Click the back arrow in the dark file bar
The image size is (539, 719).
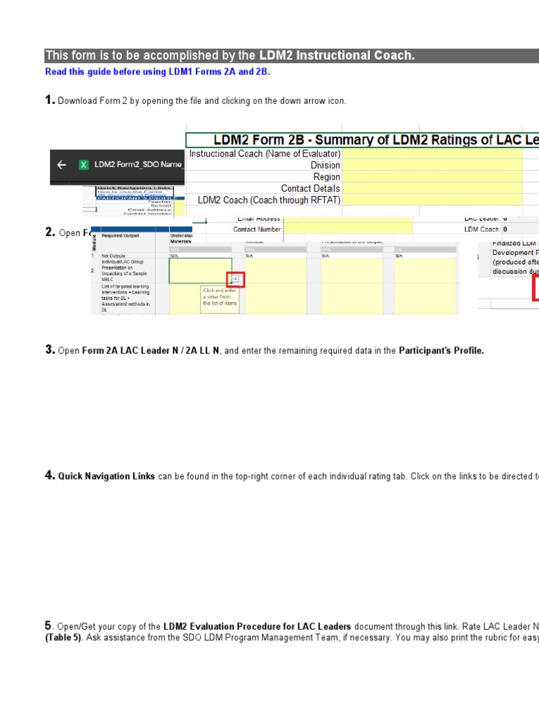pyautogui.click(x=62, y=165)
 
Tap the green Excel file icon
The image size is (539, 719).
pyautogui.click(x=83, y=165)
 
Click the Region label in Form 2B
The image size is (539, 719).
pyautogui.click(x=327, y=177)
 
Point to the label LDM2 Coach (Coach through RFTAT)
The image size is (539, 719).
pyautogui.click(x=269, y=200)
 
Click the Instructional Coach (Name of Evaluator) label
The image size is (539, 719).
pyautogui.click(x=265, y=154)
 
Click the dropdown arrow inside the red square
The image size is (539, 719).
pyautogui.click(x=235, y=279)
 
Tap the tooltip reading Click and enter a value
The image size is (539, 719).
pyautogui.click(x=220, y=297)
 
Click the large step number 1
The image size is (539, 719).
pyautogui.click(x=50, y=100)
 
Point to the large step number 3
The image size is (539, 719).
pyautogui.click(x=50, y=350)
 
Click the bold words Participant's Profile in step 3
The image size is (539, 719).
pyautogui.click(x=441, y=350)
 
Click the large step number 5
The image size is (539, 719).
pyautogui.click(x=48, y=626)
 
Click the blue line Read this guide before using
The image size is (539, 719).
pyautogui.click(x=157, y=72)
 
